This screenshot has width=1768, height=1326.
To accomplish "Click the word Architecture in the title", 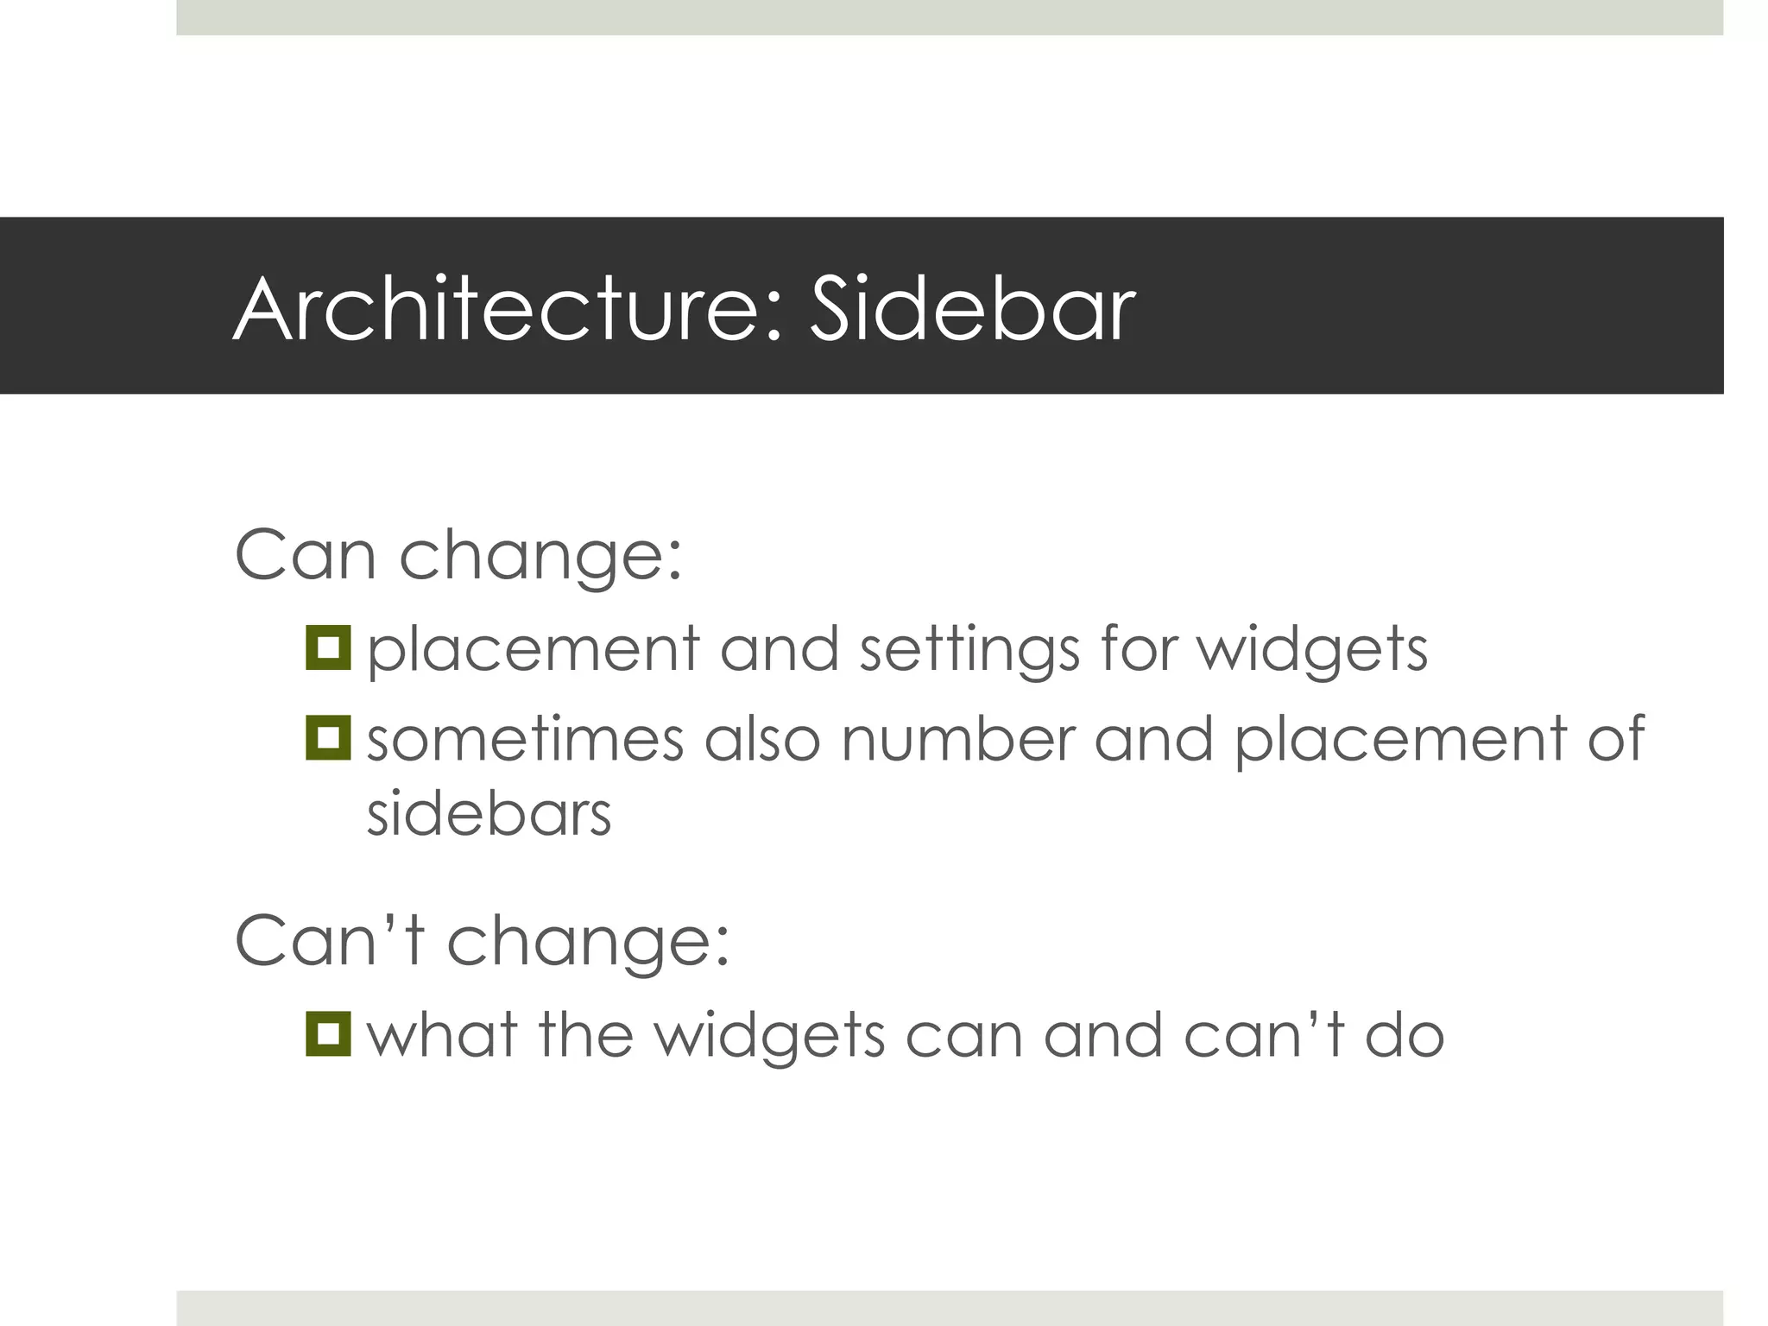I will pos(499,309).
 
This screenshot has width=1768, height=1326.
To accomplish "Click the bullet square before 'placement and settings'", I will pos(328,647).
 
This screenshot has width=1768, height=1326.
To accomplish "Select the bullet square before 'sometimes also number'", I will pos(328,738).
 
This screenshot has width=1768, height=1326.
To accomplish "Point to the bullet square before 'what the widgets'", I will pos(328,1033).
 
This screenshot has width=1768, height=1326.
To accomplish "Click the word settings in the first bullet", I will pos(969,650).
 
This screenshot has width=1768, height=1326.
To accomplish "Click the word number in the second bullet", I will pos(958,740).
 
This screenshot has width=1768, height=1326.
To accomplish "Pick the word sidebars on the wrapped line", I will pos(489,814).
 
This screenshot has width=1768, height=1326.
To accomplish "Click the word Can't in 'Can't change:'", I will pos(330,940).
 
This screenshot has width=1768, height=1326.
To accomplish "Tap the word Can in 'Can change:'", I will pos(305,554).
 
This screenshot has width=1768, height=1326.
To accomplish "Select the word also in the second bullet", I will pos(761,740).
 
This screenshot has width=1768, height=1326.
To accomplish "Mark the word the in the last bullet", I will pos(586,1035).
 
